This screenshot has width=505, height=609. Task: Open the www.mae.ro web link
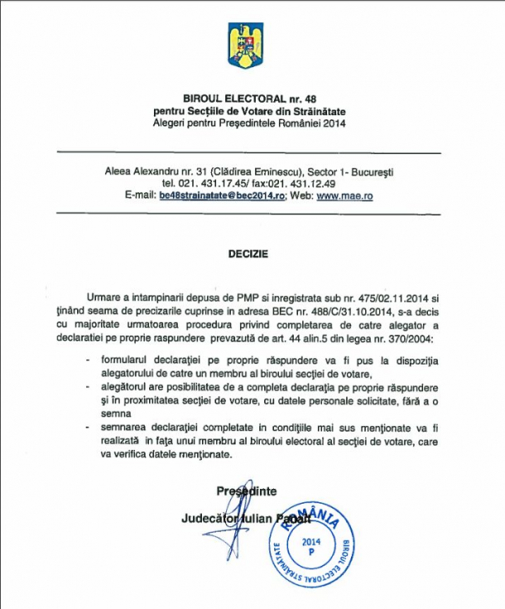pyautogui.click(x=342, y=196)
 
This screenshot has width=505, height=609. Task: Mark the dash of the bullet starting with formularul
pyautogui.click(x=89, y=362)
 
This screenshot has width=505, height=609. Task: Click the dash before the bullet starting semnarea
pyautogui.click(x=89, y=426)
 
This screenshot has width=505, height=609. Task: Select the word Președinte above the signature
pyautogui.click(x=247, y=491)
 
